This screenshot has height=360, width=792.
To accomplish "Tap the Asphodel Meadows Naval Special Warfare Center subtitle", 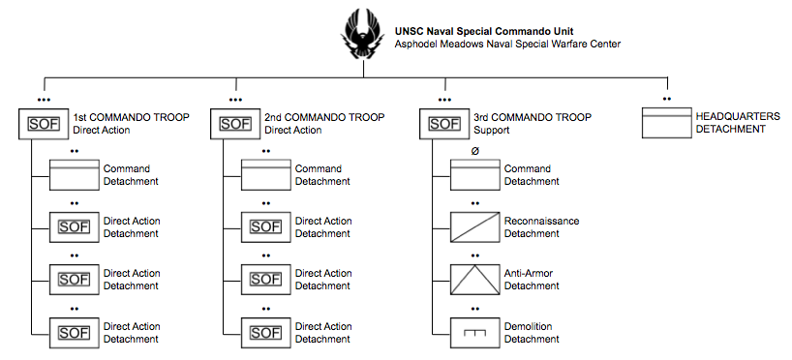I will pos(507,44).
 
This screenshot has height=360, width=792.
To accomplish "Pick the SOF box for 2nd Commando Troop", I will pos(235,124).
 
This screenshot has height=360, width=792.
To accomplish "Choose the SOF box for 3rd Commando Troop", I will pos(444,124).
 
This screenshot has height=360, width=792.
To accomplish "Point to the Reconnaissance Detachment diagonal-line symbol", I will pos(474,227).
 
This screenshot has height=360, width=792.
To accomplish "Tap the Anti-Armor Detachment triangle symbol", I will pos(474,280).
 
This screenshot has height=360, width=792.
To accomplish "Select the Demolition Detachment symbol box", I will pos(474,332).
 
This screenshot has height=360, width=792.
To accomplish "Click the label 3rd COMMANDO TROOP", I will pos(533,118).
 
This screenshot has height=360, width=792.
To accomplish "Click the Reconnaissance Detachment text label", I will pos(541,227).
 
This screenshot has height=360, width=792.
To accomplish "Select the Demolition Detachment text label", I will pos(532,333).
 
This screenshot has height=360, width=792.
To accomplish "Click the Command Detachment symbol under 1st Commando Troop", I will pos(75,175).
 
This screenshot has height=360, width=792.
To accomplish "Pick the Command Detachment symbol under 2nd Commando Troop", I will pos(265,175).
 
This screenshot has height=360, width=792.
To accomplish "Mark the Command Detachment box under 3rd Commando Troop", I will pos(474,175).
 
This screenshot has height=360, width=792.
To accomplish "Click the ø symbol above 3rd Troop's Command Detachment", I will pos(474,151).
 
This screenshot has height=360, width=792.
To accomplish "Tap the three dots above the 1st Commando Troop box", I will pos(43,99).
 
